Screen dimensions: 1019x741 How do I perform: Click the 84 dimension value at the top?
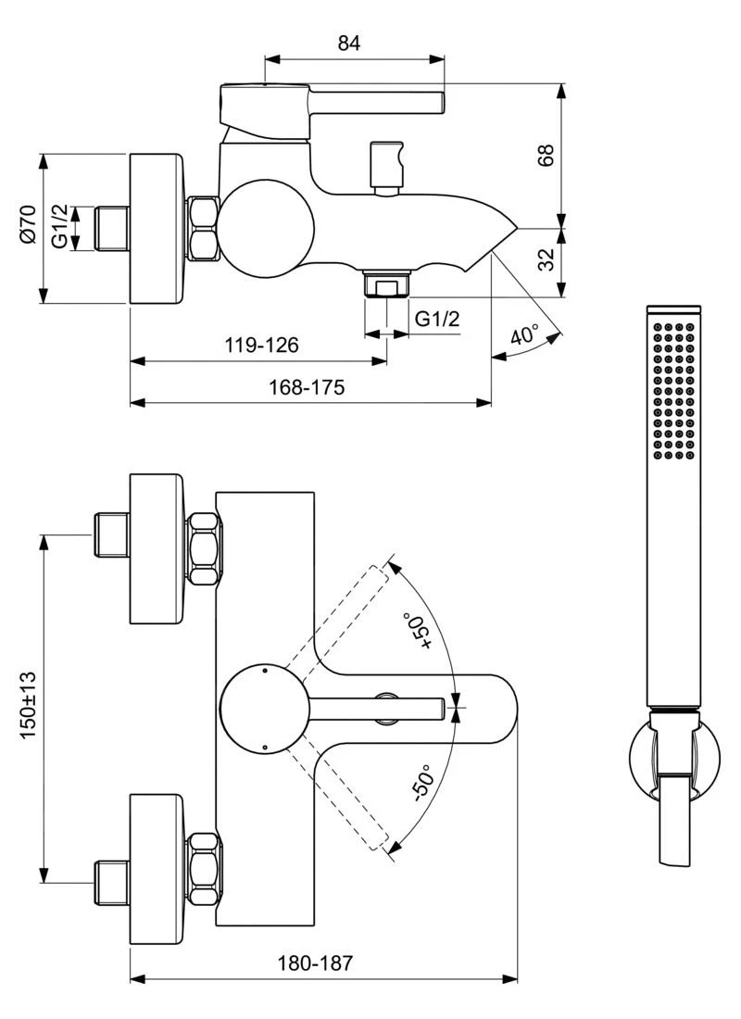click(x=349, y=43)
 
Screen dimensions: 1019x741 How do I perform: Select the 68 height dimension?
click(x=546, y=155)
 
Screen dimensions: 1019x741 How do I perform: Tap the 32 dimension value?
click(x=546, y=259)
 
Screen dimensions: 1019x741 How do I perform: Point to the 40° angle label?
click(x=524, y=335)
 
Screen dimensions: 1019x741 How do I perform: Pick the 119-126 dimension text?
click(x=262, y=346)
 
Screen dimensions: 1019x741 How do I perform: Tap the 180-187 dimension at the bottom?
click(x=315, y=963)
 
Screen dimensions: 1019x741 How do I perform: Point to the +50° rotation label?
click(x=417, y=633)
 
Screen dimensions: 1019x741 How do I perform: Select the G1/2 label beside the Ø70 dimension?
click(x=60, y=227)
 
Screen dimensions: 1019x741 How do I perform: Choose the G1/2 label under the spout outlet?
click(x=437, y=320)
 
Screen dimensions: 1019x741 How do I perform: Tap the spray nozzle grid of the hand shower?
click(x=673, y=390)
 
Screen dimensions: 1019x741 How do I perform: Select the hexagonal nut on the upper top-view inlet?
click(x=204, y=547)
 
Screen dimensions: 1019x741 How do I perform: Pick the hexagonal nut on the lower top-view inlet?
click(x=204, y=871)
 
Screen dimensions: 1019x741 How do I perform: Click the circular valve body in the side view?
click(x=265, y=229)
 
